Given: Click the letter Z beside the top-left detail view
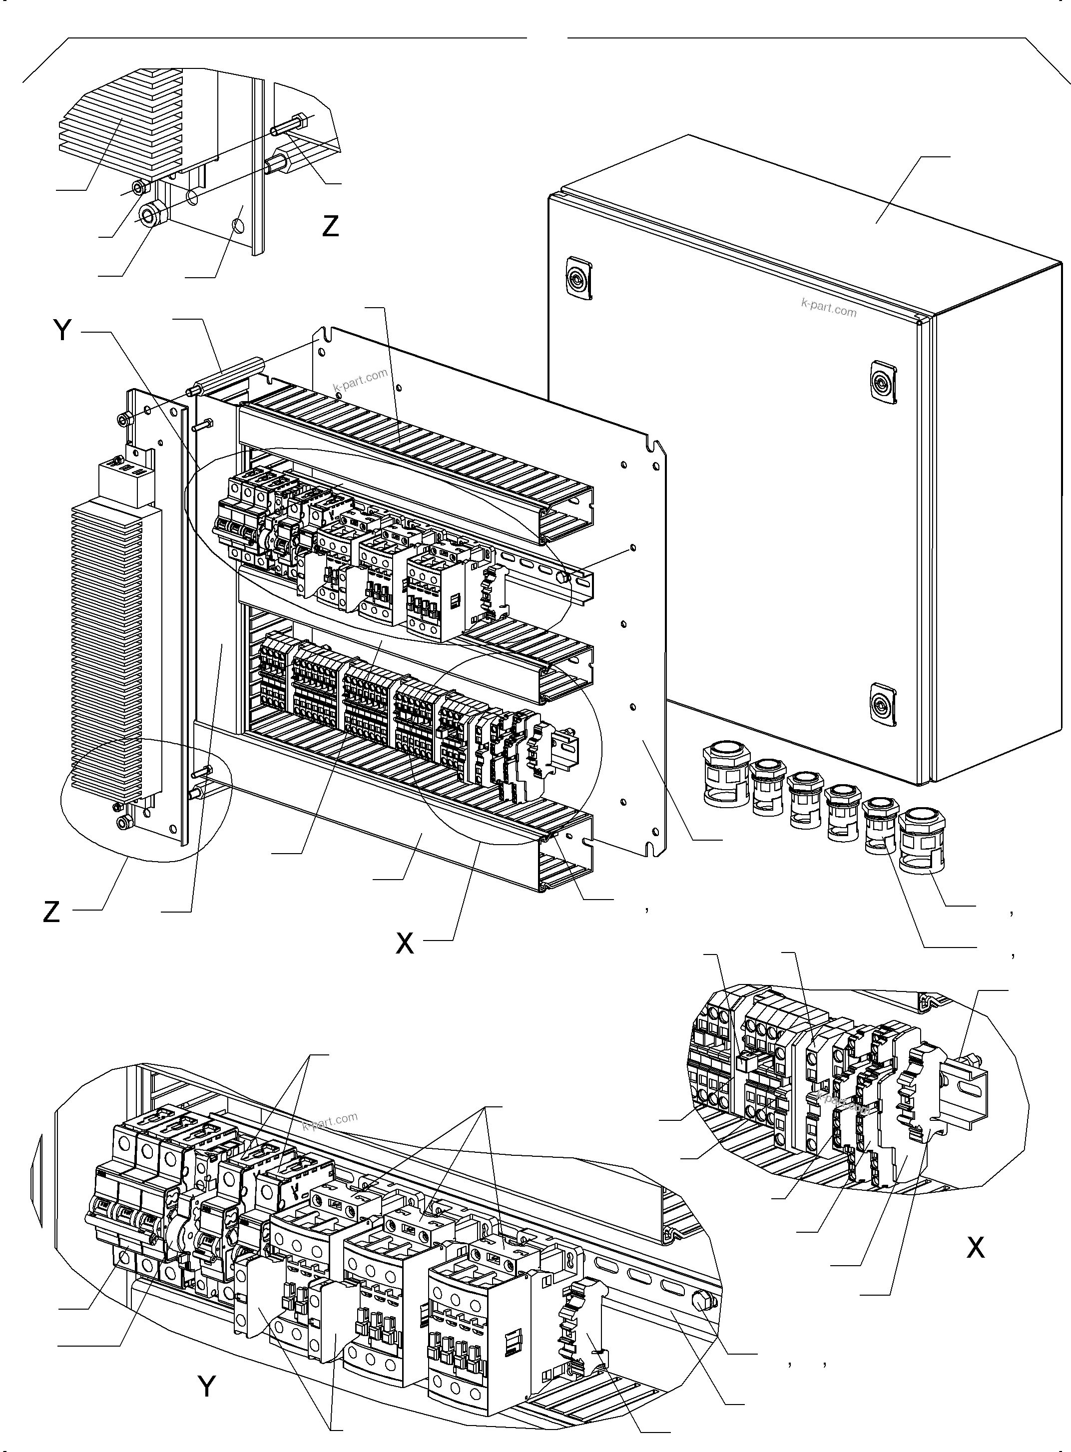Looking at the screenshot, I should pos(331,226).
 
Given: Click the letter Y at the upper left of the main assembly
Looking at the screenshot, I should pos(62,331).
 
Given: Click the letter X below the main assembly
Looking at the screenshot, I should pos(405,944).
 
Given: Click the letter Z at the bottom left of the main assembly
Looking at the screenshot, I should pos(51,912).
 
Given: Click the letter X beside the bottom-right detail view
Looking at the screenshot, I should pos(975,1247).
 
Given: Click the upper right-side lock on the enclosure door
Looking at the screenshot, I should pos(883,383).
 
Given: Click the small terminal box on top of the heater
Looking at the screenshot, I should pos(126,483).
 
